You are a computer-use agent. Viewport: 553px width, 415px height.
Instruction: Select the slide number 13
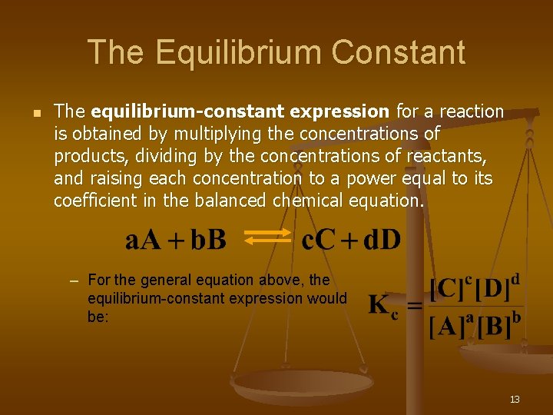pos(515,399)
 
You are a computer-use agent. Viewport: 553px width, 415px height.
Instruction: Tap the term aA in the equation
pos(143,240)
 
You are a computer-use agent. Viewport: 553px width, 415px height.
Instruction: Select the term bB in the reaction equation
pos(208,240)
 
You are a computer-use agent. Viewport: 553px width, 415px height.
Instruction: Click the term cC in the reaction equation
pos(318,240)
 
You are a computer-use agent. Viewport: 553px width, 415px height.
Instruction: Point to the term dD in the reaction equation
pos(382,240)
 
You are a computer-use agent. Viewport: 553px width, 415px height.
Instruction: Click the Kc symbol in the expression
pos(383,306)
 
